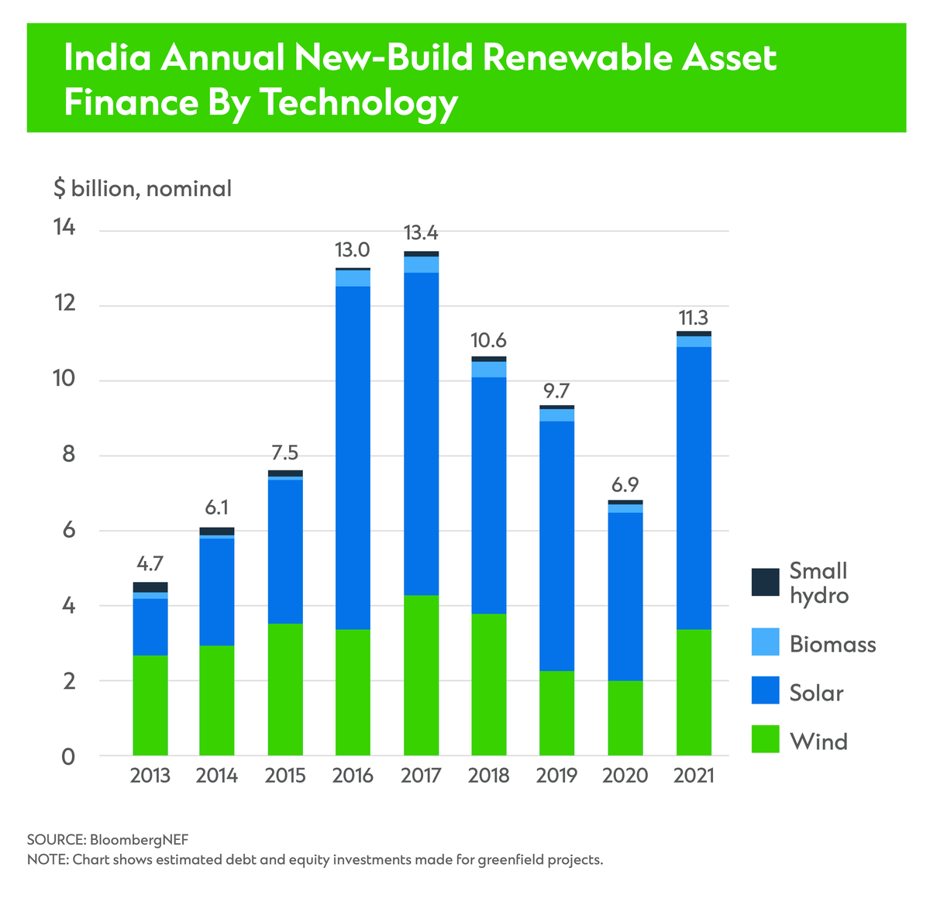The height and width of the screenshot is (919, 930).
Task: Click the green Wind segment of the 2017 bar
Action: (x=421, y=675)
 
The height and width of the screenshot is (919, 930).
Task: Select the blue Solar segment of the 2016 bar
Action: (x=353, y=458)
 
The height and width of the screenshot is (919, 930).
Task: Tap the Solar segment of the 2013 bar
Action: (x=150, y=627)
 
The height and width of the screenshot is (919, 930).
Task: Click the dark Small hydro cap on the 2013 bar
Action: (x=150, y=587)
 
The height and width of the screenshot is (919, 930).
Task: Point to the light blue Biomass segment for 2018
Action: (x=489, y=370)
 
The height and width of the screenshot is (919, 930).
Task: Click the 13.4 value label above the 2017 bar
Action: (x=421, y=233)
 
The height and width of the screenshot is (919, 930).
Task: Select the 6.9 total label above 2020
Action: (x=625, y=485)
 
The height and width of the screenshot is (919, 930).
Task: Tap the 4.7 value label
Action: (x=150, y=563)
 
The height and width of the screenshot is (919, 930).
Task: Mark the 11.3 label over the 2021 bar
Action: (x=693, y=318)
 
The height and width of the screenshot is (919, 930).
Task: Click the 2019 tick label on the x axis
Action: (x=556, y=776)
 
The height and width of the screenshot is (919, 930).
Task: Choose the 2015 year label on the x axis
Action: (x=284, y=776)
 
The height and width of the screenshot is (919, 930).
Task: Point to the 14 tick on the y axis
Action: (x=64, y=229)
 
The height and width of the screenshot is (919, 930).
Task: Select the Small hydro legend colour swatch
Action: (x=765, y=582)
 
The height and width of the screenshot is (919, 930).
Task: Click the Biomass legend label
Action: (x=832, y=645)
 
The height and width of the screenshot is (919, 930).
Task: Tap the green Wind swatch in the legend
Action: (x=765, y=740)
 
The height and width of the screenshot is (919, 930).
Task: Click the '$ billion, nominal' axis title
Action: (x=143, y=188)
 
